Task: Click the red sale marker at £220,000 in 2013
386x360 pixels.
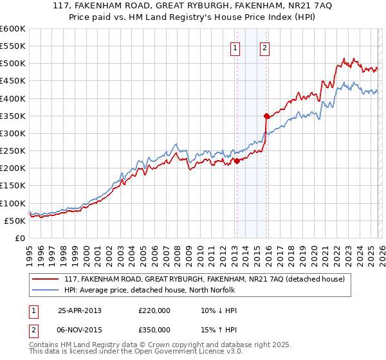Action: coord(237,161)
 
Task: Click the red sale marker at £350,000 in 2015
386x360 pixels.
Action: coord(266,116)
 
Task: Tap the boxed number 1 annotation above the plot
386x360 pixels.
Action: coord(235,48)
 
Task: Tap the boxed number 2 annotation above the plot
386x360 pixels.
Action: coord(265,48)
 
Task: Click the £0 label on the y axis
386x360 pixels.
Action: coord(19,238)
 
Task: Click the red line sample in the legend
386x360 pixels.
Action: coord(46,279)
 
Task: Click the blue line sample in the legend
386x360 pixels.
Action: coord(46,290)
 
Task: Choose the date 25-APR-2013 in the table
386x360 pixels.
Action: coord(79,310)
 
